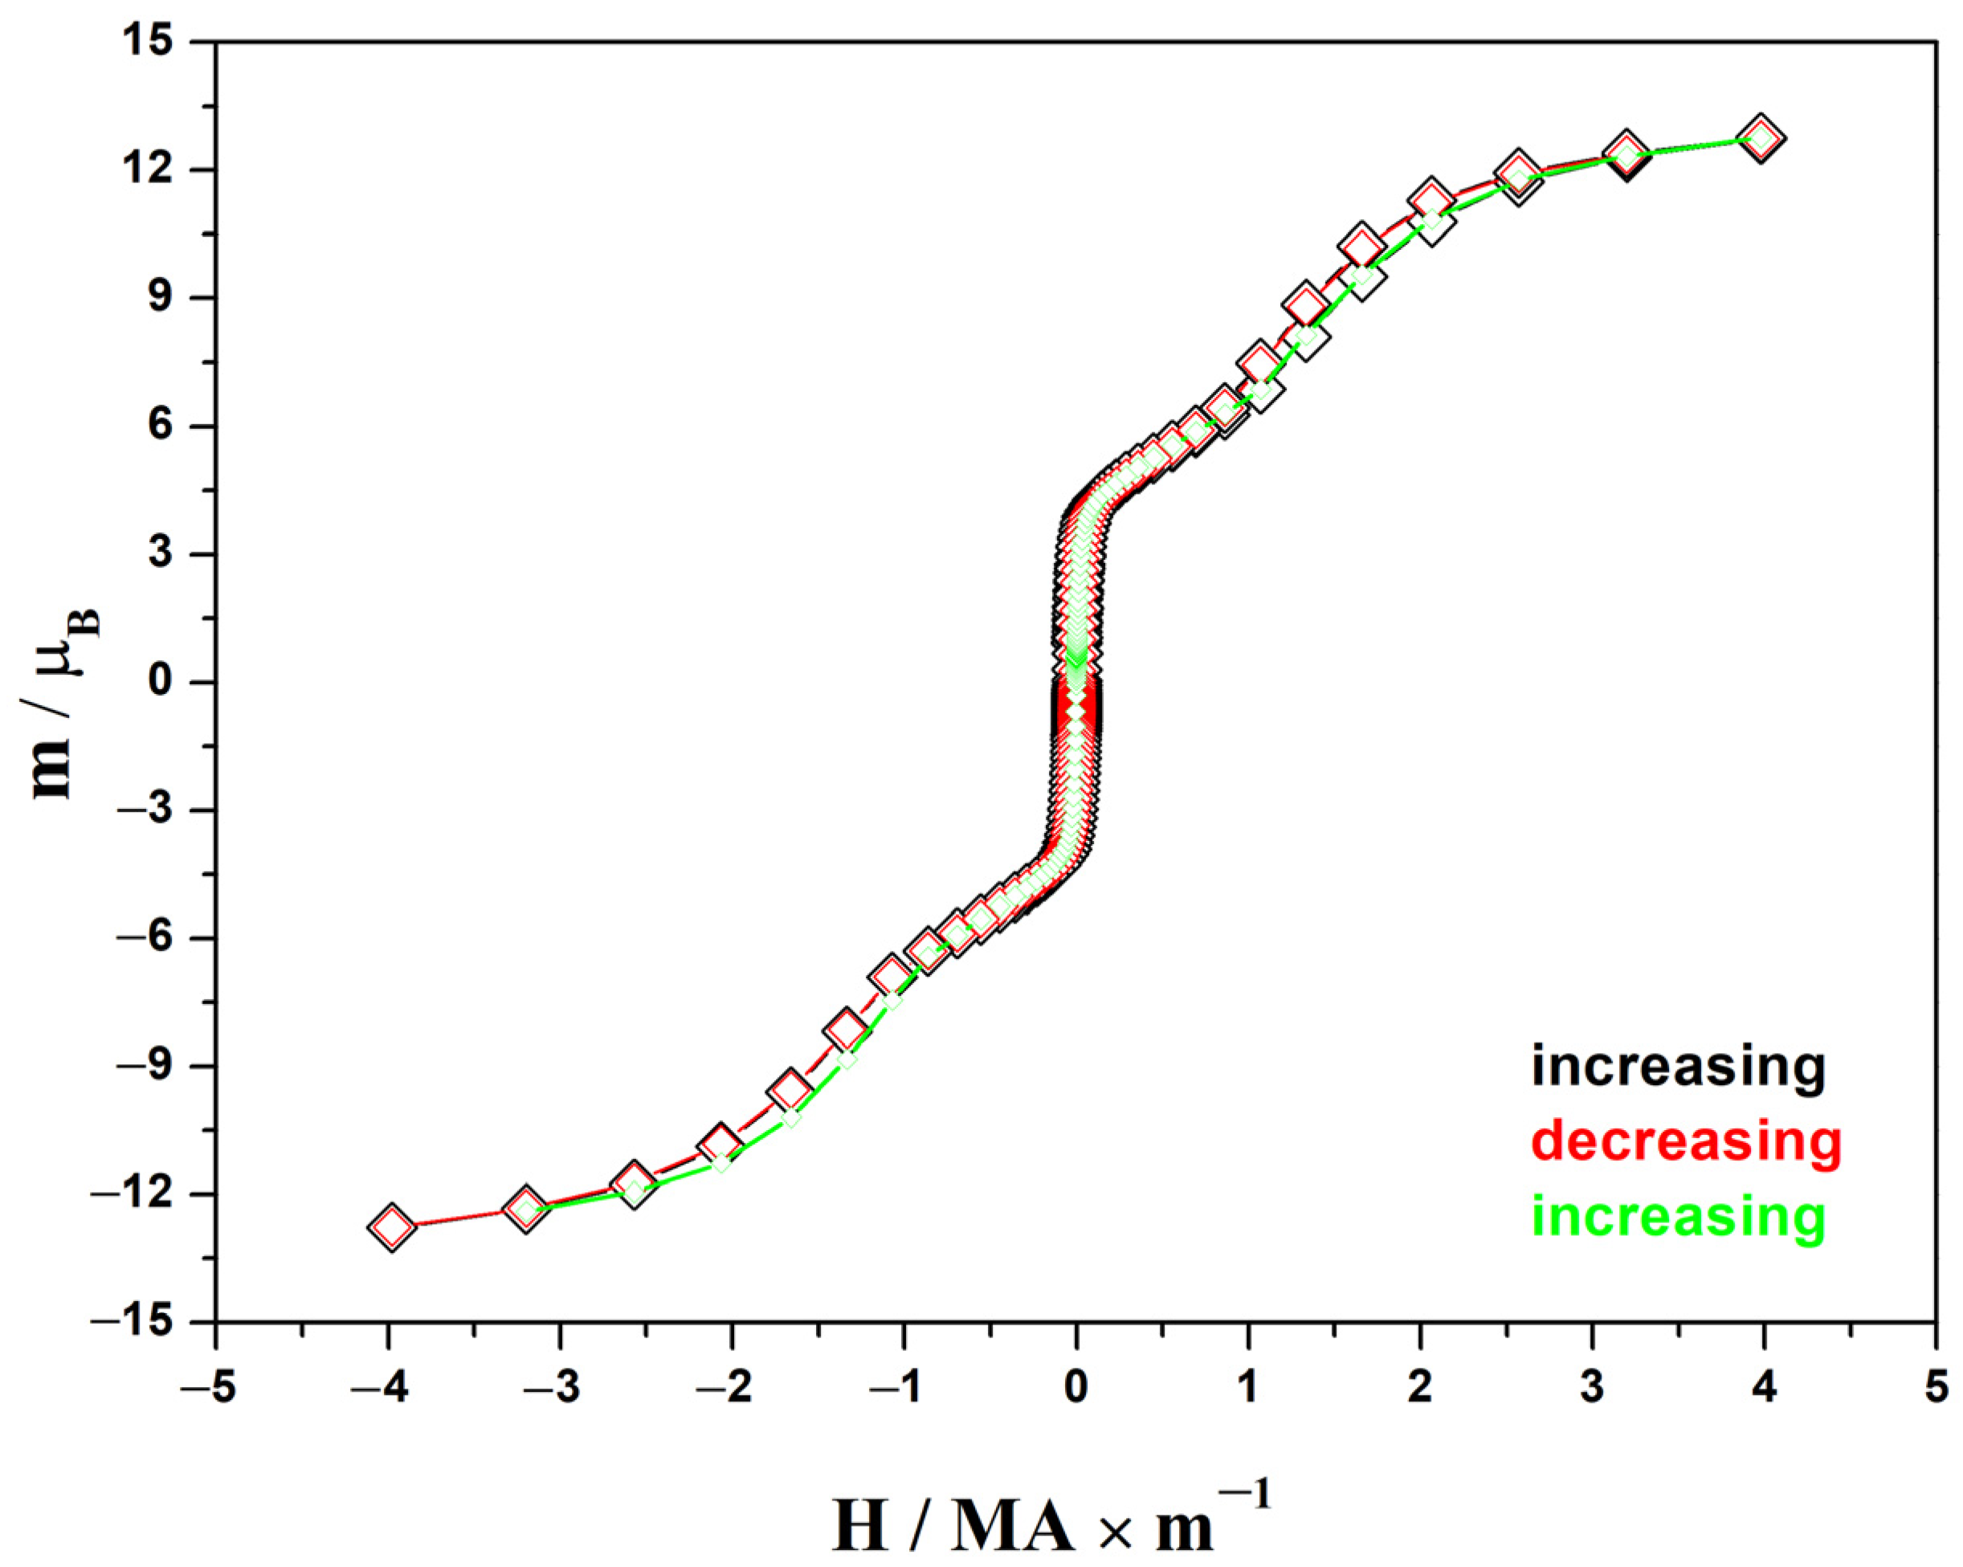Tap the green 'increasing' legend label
pos(1678,1217)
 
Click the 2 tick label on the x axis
pos(1419,1388)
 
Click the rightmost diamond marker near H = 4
pos(1761,138)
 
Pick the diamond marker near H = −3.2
pos(525,1210)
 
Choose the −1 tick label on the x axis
pos(904,1388)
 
